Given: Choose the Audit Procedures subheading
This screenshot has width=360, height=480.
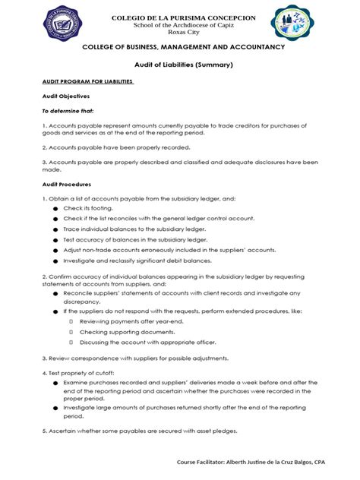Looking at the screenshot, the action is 67,184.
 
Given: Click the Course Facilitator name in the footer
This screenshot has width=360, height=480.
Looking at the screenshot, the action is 251,461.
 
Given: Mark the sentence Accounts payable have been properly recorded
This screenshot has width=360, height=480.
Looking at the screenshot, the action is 116,147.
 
